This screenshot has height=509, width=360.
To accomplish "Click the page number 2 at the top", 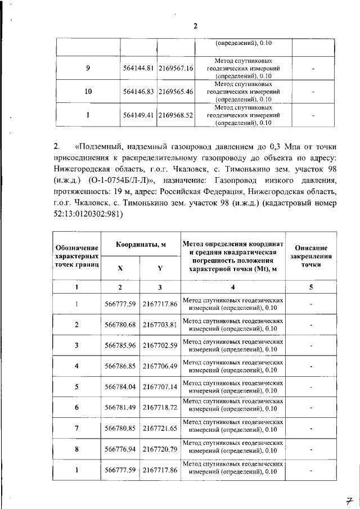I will (195, 26).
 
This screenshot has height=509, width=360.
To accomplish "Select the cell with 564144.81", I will (138, 68).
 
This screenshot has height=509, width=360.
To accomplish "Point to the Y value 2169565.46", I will (176, 92).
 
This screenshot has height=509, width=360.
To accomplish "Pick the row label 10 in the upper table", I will (88, 92).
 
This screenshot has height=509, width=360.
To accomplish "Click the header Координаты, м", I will (141, 245).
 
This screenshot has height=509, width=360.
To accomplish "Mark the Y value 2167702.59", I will (160, 345).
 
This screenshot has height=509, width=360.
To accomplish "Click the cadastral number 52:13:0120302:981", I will (87, 214).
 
